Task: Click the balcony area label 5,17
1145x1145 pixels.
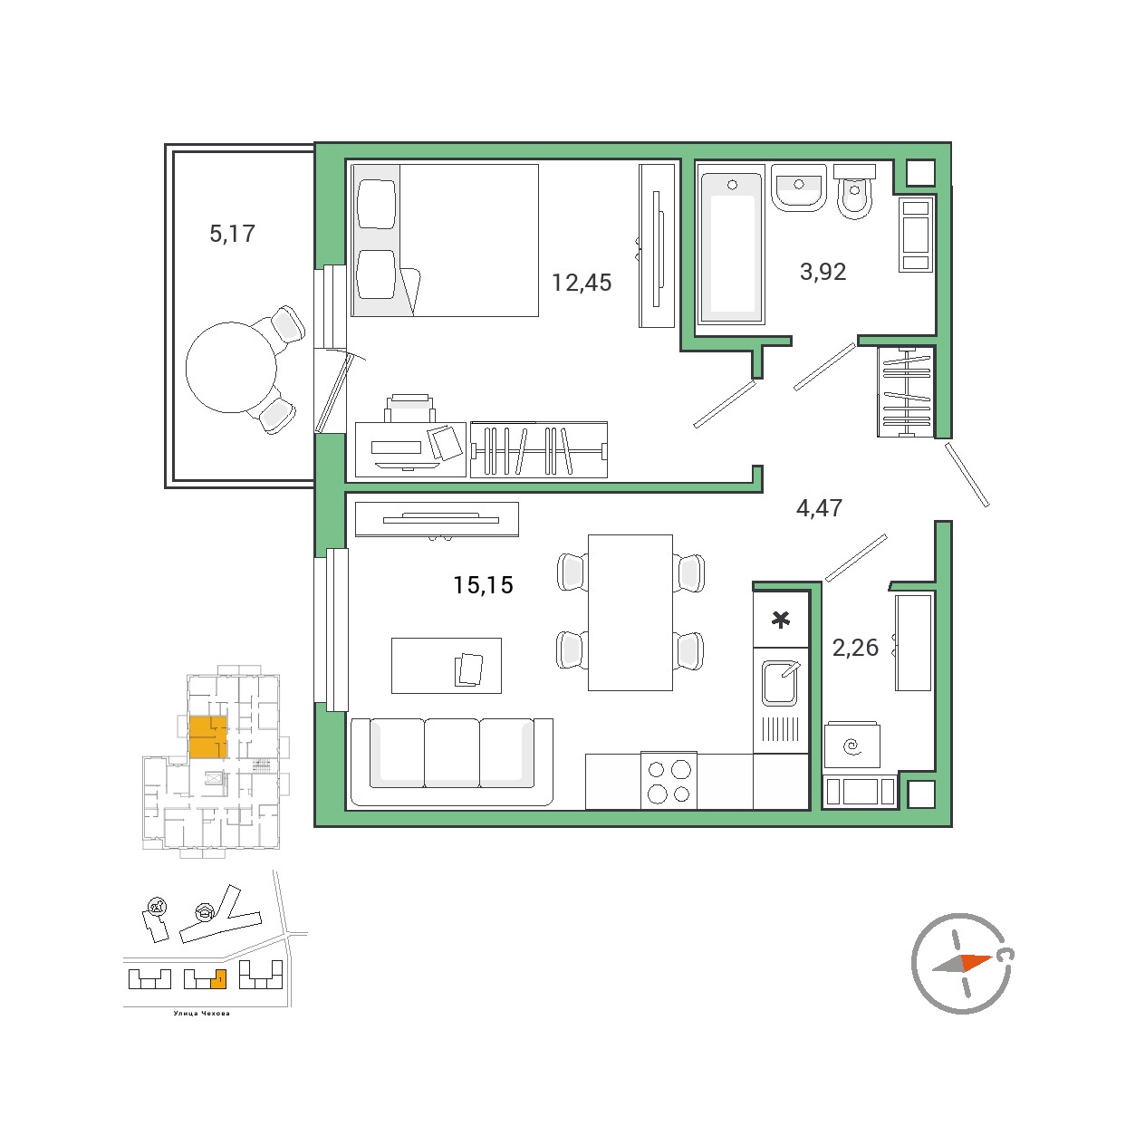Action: (x=232, y=234)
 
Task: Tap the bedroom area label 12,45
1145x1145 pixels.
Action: (x=582, y=283)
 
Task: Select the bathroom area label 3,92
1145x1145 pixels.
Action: (x=823, y=272)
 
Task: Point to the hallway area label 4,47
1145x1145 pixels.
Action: (x=819, y=508)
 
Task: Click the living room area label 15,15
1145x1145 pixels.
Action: (x=483, y=585)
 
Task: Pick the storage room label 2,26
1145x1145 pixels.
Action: (x=855, y=648)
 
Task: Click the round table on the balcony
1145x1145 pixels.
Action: (x=231, y=367)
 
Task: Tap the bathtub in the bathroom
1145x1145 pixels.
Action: (x=731, y=248)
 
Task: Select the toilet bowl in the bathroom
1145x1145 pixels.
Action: (x=855, y=193)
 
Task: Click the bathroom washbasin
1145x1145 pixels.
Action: (x=799, y=188)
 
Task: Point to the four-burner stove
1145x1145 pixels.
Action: (x=669, y=781)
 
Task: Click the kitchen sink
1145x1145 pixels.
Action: (x=781, y=683)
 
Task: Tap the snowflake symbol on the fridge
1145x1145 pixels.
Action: (x=780, y=621)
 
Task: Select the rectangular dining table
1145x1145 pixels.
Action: (x=630, y=612)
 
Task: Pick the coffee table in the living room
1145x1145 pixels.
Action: (x=447, y=666)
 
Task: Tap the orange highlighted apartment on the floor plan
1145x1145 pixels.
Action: (x=208, y=736)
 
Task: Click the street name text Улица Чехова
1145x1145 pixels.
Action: (x=201, y=1013)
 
